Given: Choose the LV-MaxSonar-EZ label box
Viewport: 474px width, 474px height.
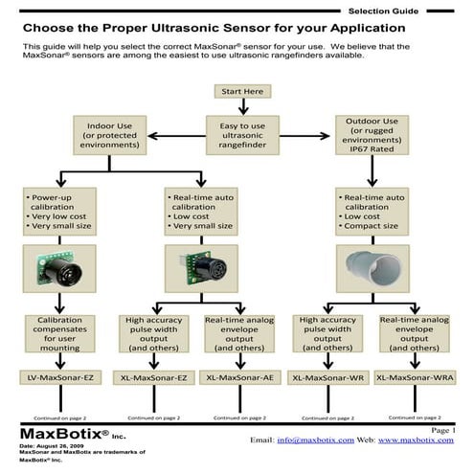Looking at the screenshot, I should (60, 377).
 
